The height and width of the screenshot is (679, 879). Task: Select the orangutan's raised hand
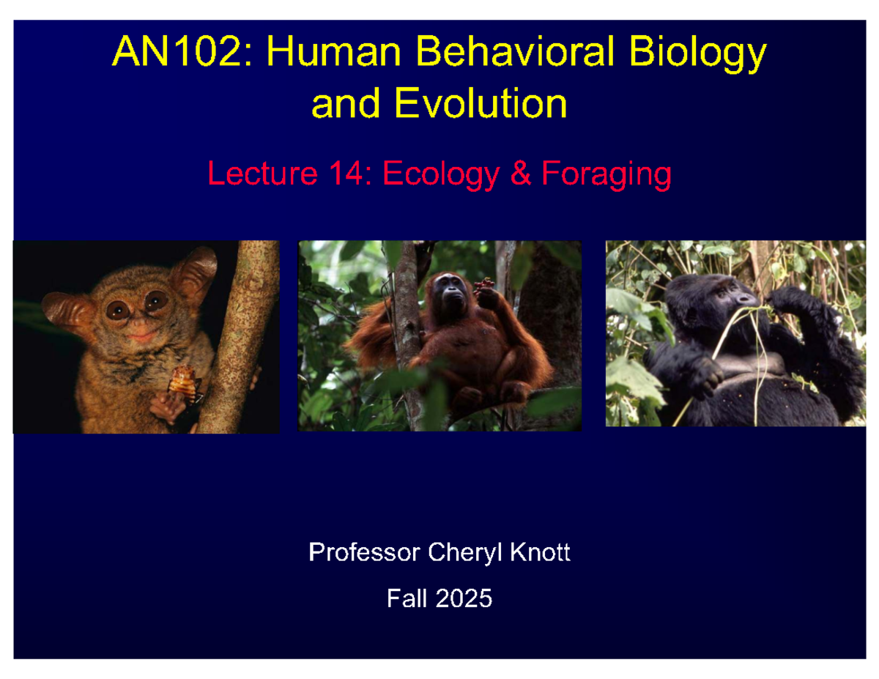484,288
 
